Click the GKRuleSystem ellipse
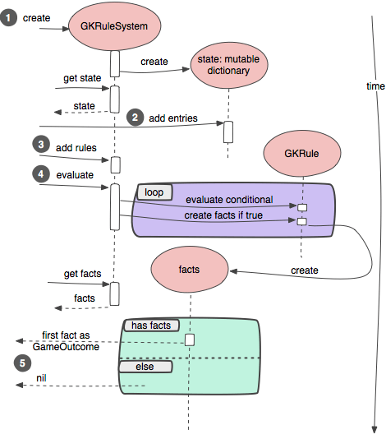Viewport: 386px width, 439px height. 114,26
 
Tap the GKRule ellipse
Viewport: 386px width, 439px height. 301,152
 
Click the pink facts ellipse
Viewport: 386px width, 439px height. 189,269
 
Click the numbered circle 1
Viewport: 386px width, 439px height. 9,17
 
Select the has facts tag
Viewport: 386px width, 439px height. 150,326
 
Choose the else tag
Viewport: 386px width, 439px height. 146,367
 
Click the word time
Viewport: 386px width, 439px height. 375,85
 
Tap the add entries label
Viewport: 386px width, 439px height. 173,118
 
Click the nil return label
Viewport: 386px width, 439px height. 41,377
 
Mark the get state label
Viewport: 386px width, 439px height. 82,78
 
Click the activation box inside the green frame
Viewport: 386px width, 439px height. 190,340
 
